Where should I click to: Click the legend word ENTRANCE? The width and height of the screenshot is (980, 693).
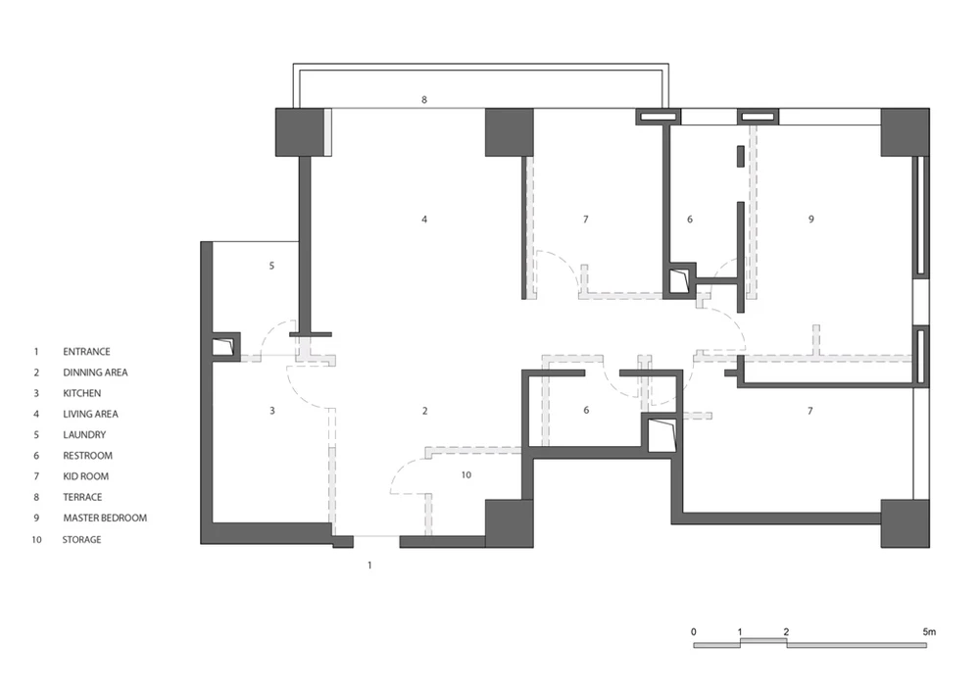[86, 352]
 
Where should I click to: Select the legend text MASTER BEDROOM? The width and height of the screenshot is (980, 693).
[105, 518]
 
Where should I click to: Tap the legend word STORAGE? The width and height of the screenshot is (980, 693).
[81, 539]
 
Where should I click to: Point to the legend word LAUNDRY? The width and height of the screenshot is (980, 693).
[84, 435]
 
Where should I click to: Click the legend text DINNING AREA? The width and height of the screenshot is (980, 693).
[95, 372]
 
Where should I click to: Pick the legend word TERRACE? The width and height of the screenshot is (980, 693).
[82, 497]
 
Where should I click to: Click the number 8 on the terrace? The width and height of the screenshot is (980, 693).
[424, 100]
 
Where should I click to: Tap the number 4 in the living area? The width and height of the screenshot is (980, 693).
[424, 220]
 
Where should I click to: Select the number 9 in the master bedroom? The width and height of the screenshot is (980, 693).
[811, 220]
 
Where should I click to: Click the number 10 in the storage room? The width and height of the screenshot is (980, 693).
[466, 475]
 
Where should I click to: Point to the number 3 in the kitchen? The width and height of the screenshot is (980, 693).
[271, 411]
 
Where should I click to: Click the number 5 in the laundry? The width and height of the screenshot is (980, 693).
[271, 266]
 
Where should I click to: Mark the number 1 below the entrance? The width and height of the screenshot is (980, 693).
[369, 565]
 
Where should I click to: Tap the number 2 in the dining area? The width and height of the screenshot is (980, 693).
[425, 411]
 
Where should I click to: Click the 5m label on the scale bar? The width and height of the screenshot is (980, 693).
[929, 632]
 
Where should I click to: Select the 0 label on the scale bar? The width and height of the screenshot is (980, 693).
[694, 632]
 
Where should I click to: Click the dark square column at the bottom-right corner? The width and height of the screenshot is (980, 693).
[905, 523]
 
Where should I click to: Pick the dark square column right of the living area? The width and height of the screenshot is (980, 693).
[510, 132]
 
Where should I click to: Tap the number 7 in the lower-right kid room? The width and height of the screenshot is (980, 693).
[810, 411]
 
